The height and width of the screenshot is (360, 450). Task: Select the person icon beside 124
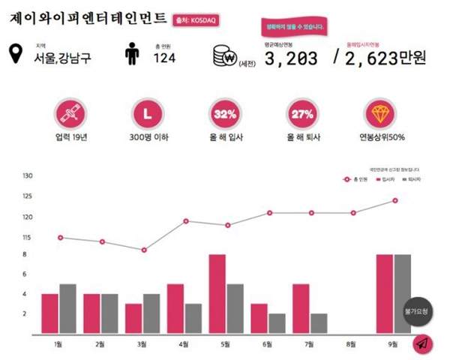tap(132, 55)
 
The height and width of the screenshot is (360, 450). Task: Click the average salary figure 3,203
tap(291, 58)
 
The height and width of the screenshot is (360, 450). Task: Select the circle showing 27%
tap(301, 115)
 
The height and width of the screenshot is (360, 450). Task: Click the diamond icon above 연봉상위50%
tap(382, 115)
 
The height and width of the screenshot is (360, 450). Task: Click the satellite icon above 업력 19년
tap(69, 115)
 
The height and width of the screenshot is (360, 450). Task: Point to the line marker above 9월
tap(394, 200)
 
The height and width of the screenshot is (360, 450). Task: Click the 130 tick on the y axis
tap(28, 176)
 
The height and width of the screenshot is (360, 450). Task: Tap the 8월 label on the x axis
tap(351, 344)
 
